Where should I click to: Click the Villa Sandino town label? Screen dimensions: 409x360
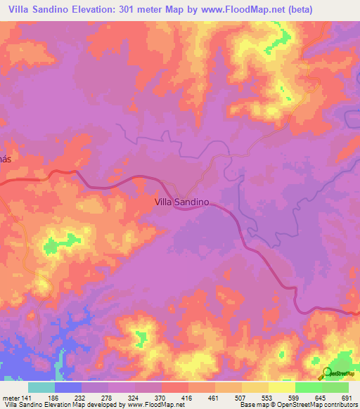pyautogui.click(x=182, y=201)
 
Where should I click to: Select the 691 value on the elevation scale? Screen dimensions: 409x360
pyautogui.click(x=345, y=398)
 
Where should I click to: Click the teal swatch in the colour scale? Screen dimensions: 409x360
pyautogui.click(x=41, y=387)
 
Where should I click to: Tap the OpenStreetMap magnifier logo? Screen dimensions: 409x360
pyautogui.click(x=327, y=374)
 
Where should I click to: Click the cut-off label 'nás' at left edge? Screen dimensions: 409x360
pyautogui.click(x=6, y=159)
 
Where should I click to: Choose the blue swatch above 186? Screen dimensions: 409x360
pyautogui.click(x=68, y=387)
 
